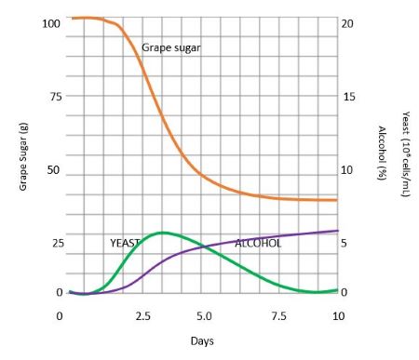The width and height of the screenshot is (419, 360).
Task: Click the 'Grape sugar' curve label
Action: pyautogui.click(x=171, y=47)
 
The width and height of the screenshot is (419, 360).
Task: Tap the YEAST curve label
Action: pyautogui.click(x=125, y=243)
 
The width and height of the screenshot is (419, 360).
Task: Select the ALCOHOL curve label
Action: pyautogui.click(x=258, y=243)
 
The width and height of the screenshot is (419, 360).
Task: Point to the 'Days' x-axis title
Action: pyautogui.click(x=202, y=340)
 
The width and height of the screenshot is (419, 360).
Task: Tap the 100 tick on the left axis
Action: pyautogui.click(x=52, y=22)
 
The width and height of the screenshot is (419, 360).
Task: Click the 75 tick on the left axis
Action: pyautogui.click(x=56, y=97)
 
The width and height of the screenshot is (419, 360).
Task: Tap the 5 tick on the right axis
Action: pyautogui.click(x=345, y=244)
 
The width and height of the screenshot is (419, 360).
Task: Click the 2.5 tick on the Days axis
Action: pyautogui.click(x=144, y=317)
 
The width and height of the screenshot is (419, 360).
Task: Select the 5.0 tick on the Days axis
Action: pyautogui.click(x=204, y=317)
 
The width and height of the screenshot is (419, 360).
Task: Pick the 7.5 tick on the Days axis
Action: pyautogui.click(x=279, y=317)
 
